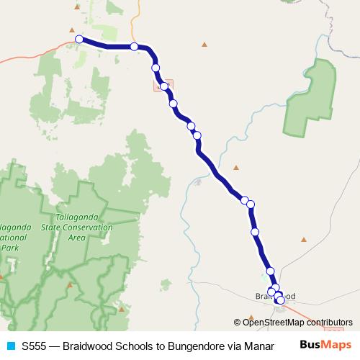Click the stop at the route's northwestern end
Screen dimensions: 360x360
[x=79, y=40]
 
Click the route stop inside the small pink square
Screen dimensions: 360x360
[x=164, y=86]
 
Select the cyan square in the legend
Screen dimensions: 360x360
[x=9, y=345]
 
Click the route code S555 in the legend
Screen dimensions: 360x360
[x=35, y=345]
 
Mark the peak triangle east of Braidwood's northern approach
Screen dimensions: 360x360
[x=304, y=239]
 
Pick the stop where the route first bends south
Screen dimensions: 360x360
[x=135, y=47]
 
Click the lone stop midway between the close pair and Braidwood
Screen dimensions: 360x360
[x=255, y=232]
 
